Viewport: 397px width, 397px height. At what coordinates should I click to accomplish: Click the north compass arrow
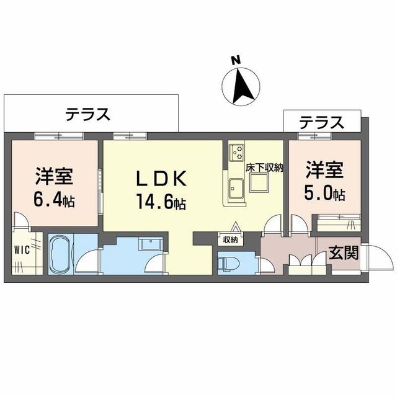243,86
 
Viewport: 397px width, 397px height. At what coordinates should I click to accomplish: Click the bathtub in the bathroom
60,255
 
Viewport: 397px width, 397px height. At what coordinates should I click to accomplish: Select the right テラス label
321,122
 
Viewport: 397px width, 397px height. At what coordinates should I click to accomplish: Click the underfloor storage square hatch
259,184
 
